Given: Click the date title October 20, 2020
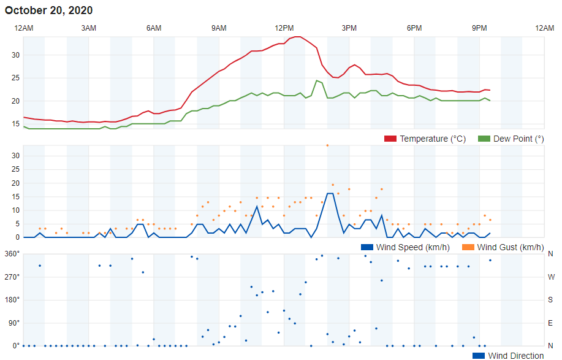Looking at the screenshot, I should coord(49,10).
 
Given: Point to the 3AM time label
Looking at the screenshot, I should coord(89,28).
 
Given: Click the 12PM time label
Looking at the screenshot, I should coord(284,28).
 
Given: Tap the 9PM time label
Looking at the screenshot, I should coord(479,28).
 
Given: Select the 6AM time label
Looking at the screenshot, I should coord(154,28).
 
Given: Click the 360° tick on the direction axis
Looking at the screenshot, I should coord(12,254).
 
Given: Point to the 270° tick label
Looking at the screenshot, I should coord(12,277).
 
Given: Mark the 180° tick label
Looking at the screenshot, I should coord(12,299).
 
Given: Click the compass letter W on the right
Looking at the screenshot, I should coord(550,277).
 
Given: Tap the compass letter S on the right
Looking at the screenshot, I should coord(550,299).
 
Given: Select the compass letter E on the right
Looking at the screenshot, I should coord(550,323).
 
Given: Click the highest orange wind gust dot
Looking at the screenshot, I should coord(327,145).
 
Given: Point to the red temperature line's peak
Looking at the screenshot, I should coord(297,37).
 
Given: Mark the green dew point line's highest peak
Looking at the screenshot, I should coord(317,80).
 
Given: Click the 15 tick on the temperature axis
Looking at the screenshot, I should coord(16,124).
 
